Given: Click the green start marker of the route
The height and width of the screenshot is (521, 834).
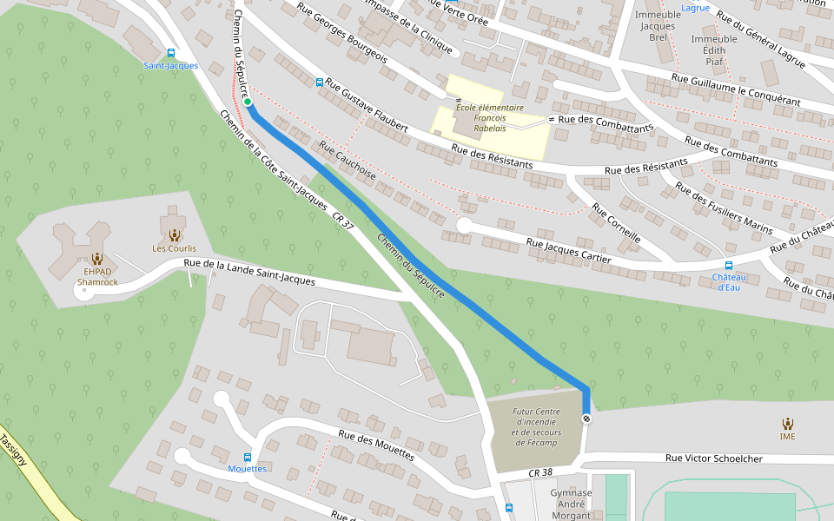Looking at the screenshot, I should point(248,102).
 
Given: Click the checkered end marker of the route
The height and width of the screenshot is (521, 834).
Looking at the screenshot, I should point(587,419).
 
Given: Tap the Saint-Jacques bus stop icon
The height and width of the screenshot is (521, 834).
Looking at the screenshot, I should point(170,53).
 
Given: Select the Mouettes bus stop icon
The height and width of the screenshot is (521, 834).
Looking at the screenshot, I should point(248,457).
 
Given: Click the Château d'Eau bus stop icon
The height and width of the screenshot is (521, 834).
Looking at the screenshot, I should point(728,266).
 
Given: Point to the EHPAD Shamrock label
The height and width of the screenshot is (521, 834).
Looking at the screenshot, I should point(97,277).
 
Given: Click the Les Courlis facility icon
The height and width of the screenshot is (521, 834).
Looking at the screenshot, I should point(174,235).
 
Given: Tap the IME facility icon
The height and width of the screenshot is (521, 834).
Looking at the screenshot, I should point(787,424).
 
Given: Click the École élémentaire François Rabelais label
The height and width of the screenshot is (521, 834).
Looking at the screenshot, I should point(490,117).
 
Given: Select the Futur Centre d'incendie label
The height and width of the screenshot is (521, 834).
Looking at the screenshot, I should point(536,427).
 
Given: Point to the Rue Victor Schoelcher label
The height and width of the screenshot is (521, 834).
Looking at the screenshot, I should point(713,458).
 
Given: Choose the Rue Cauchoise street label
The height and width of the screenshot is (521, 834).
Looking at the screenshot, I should point(347,160).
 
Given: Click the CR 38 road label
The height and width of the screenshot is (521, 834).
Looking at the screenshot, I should point(539,472).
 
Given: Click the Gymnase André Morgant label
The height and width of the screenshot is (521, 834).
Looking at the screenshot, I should point(571,504).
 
